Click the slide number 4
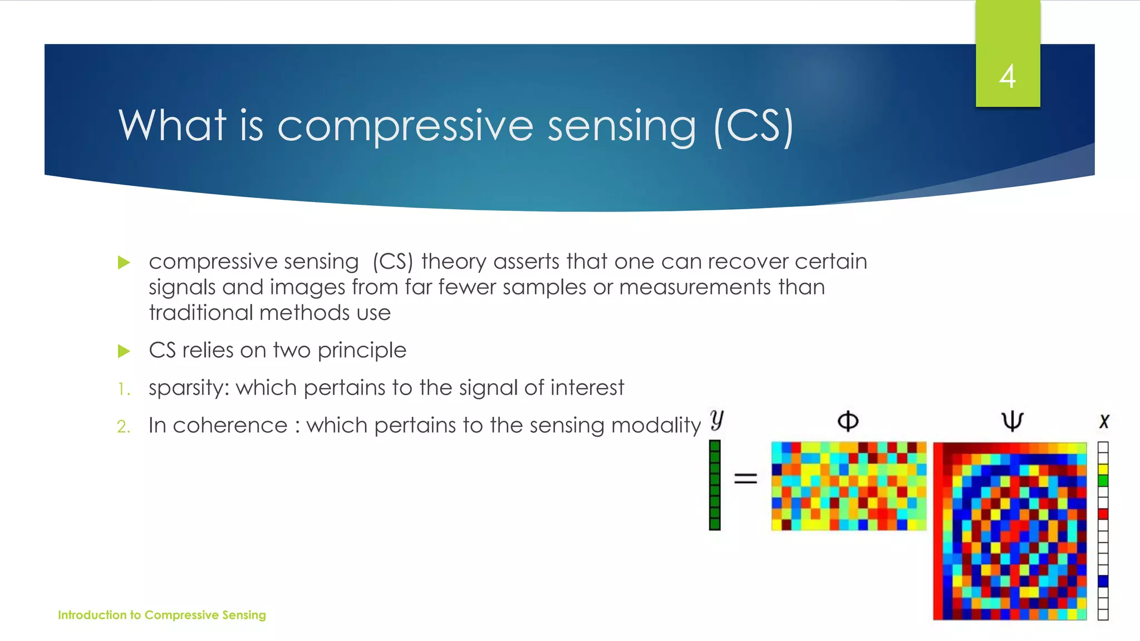coord(1008,76)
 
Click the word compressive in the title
coord(405,126)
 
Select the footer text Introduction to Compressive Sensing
coord(162,615)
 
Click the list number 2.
coord(124,427)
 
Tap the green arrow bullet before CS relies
coord(124,351)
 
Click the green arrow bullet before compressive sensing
coord(124,262)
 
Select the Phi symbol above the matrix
coord(848,421)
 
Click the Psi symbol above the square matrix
coord(1012,421)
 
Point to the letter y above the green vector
coord(717,420)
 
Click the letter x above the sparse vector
coord(1104,421)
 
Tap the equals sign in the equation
coord(745,478)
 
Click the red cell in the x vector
coord(1103,514)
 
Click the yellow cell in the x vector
coord(1103,469)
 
